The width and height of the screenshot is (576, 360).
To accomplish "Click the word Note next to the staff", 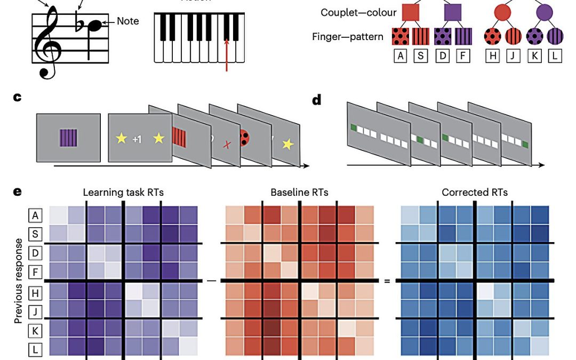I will coord(127,21).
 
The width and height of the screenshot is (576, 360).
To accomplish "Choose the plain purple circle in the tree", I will coord(545,12).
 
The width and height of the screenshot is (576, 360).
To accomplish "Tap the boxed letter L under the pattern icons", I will coord(555,55).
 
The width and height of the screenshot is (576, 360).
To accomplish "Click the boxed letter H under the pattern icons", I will coord(492,55).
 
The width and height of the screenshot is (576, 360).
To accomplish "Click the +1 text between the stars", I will coord(137,139).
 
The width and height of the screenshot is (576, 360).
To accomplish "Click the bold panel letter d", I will coord(317,100).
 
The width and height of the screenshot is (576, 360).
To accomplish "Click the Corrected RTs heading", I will coord(475,193).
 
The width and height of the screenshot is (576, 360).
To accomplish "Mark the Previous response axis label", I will coord(19,280).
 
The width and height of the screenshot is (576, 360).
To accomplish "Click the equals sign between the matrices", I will coord(387,281).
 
